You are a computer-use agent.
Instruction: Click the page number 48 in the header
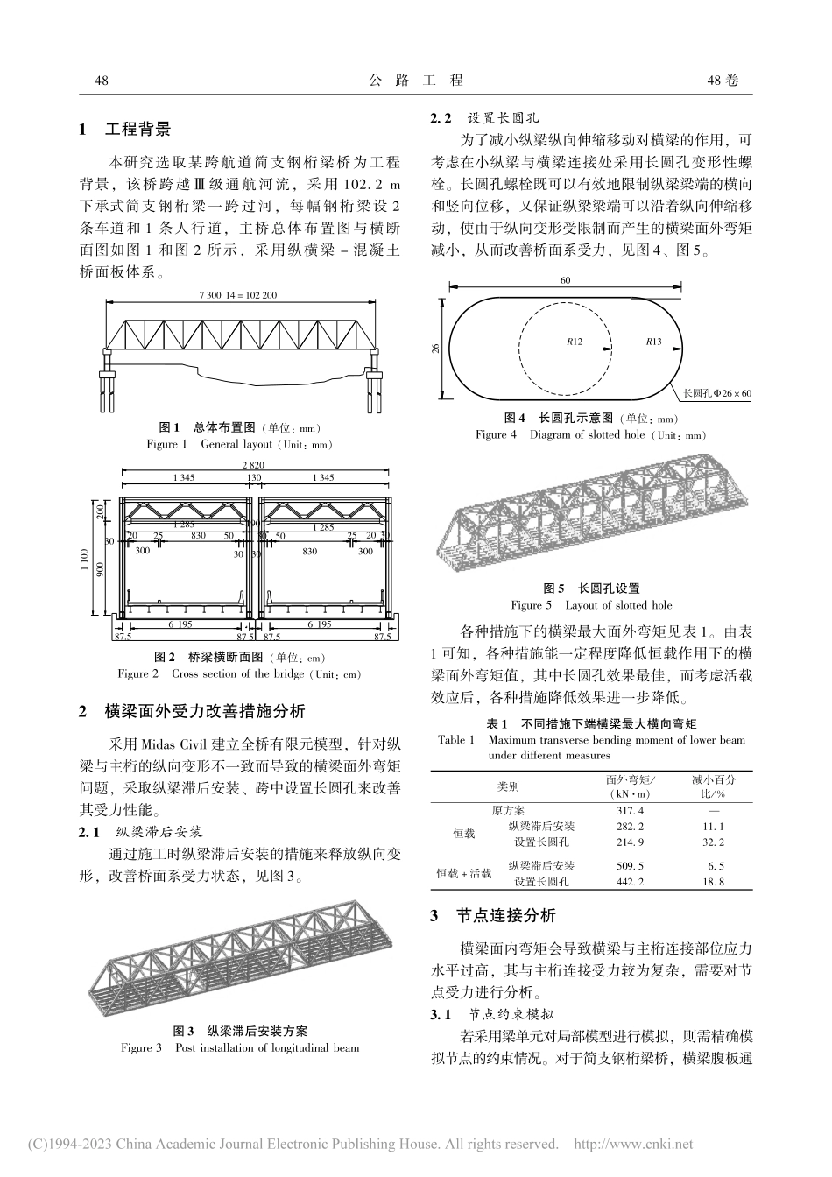(101, 81)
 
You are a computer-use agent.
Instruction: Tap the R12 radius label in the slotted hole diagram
(574, 342)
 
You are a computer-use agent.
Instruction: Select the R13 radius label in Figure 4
(652, 342)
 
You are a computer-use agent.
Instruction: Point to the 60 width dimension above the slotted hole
(566, 280)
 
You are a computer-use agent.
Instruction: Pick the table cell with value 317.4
(631, 811)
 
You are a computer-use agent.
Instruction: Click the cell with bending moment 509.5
(631, 865)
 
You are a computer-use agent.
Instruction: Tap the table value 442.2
(631, 881)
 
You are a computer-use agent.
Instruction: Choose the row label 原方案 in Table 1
(508, 811)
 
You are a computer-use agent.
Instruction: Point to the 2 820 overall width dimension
(253, 464)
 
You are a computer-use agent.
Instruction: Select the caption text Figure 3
(141, 1047)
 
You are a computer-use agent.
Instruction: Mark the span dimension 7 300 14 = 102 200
(237, 295)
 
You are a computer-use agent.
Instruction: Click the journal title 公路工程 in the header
(415, 81)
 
